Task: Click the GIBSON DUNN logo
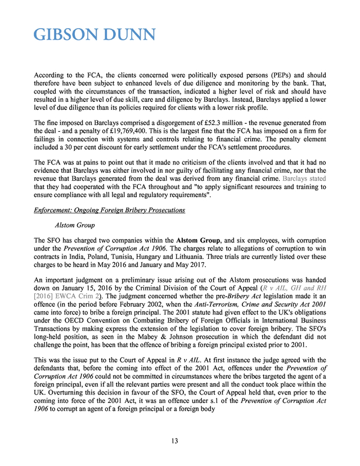[94, 35]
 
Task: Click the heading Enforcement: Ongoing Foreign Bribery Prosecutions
[109, 210]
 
